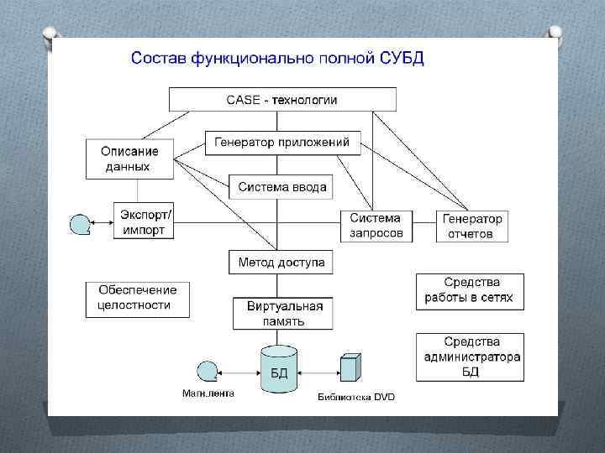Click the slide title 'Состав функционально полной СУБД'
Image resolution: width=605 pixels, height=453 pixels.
pyautogui.click(x=277, y=59)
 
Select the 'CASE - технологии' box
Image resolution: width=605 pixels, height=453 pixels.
pyautogui.click(x=282, y=100)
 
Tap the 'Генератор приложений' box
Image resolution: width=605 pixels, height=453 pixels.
pyautogui.click(x=282, y=143)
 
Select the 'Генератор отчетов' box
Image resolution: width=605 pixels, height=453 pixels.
pyautogui.click(x=472, y=226)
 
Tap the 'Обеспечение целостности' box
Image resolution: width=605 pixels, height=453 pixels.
pyautogui.click(x=138, y=299)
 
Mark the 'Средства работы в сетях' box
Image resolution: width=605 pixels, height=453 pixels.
pyautogui.click(x=470, y=291)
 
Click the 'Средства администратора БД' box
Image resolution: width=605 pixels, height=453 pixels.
pyautogui.click(x=470, y=357)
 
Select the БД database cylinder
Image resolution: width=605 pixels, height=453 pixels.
pyautogui.click(x=279, y=369)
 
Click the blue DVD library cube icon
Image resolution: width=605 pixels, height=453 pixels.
pyautogui.click(x=350, y=368)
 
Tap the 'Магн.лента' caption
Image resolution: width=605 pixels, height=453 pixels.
pyautogui.click(x=208, y=393)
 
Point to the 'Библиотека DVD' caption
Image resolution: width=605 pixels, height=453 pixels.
pyautogui.click(x=355, y=397)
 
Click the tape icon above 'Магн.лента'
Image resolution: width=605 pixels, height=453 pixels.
pyautogui.click(x=206, y=370)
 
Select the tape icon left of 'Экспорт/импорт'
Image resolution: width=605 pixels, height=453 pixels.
pyautogui.click(x=80, y=224)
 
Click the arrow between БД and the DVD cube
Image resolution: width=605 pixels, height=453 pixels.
pyautogui.click(x=318, y=369)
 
